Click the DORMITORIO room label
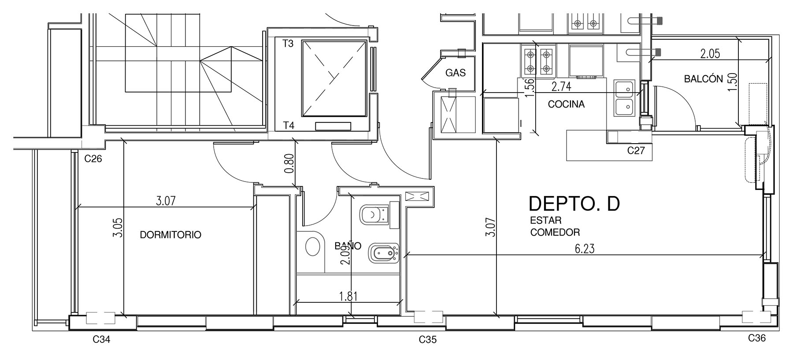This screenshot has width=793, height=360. click(170, 235)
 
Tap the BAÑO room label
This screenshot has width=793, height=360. click(348, 246)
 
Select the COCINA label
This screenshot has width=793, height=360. click(566, 104)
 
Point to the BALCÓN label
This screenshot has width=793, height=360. click(704, 79)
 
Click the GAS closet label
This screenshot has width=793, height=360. click(455, 73)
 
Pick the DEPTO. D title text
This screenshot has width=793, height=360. click(574, 204)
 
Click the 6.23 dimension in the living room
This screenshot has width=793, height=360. click(585, 249)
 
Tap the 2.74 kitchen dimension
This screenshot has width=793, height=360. click(561, 87)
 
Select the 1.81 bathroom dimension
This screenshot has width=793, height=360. click(348, 296)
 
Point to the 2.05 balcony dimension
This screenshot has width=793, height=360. click(710, 54)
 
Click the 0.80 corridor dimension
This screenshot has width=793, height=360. click(289, 163)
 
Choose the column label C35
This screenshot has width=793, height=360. click(428, 340)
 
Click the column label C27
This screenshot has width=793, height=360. click(636, 151)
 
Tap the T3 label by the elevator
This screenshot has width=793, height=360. click(288, 44)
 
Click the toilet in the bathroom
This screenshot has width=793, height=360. click(374, 215)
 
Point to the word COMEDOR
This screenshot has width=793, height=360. click(555, 232)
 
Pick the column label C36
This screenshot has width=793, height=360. click(757, 338)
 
